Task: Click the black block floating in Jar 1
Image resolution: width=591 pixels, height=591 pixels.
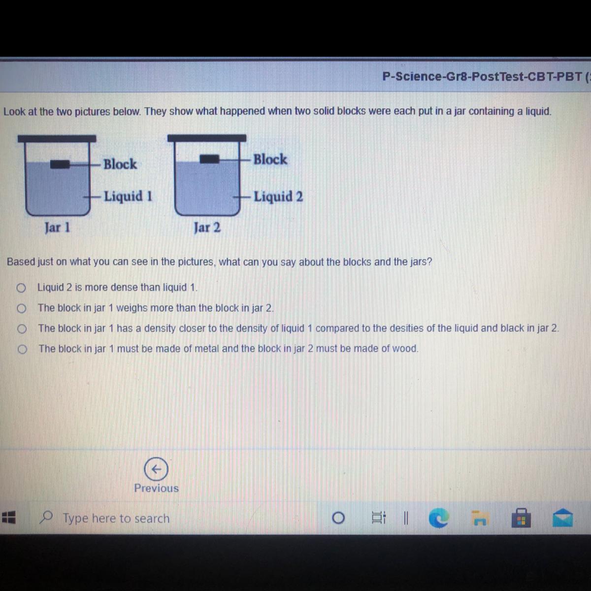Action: [x=60, y=164]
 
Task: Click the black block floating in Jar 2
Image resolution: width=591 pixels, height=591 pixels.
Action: [x=209, y=159]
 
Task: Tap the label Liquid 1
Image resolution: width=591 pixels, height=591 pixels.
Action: [x=128, y=197]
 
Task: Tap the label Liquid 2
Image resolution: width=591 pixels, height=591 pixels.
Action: [x=278, y=197]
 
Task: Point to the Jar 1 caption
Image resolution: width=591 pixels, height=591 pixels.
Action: [x=57, y=228]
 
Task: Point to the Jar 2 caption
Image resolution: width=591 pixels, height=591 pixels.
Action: [x=207, y=228]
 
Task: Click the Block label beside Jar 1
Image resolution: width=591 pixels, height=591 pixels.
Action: [x=120, y=164]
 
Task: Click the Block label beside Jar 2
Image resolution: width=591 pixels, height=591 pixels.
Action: [x=270, y=159]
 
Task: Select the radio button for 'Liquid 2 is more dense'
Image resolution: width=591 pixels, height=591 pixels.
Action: [x=21, y=288]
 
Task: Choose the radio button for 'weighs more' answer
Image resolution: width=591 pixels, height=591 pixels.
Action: [x=22, y=308]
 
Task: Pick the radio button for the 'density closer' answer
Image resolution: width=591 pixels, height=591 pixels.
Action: [x=22, y=329]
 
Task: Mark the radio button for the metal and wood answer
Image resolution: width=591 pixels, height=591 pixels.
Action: [x=22, y=349]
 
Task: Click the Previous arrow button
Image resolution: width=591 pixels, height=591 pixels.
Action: [x=156, y=469]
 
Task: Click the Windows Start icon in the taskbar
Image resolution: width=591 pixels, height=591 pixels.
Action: [x=9, y=518]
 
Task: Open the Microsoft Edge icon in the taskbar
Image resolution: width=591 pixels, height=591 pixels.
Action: [x=439, y=518]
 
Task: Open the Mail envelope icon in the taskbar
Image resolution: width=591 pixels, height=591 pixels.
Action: [x=562, y=518]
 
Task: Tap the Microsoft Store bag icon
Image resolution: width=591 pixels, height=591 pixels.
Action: [x=521, y=518]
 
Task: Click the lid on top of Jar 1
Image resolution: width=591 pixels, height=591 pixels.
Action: [x=57, y=138]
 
